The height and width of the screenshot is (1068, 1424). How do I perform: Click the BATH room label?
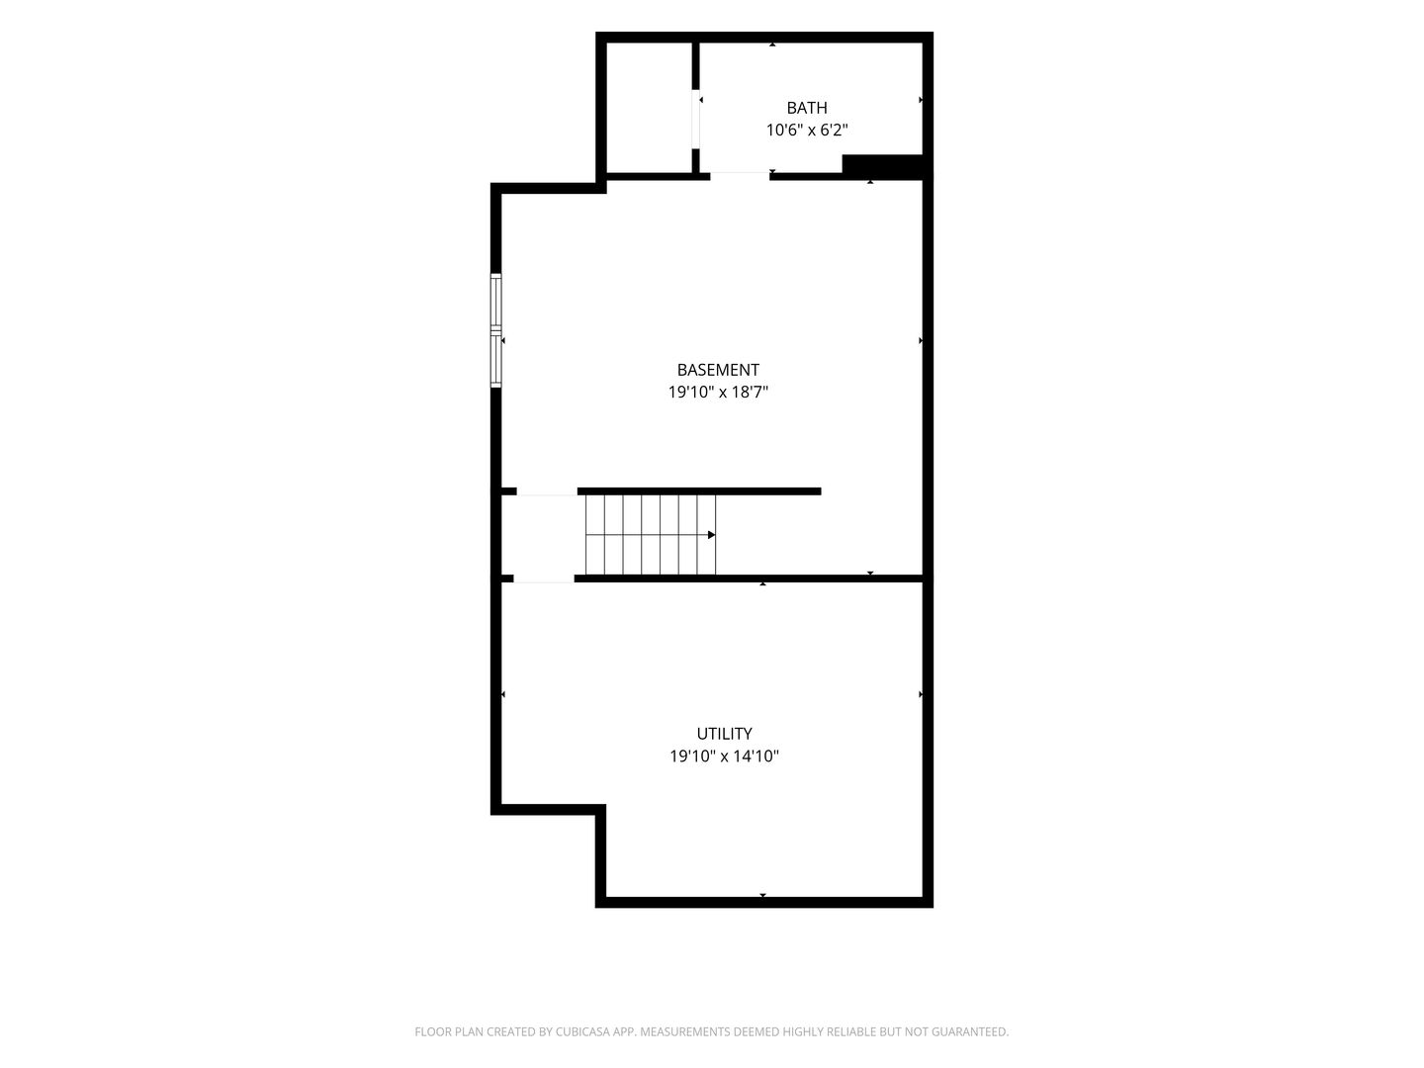806,108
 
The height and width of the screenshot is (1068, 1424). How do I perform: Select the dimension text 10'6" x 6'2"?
806,131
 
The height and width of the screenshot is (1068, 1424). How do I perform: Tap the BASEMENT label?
718,370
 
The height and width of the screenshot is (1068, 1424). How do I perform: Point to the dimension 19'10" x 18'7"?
718,393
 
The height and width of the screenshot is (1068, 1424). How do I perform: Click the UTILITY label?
724,734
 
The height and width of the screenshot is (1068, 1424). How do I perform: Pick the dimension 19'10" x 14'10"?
724,756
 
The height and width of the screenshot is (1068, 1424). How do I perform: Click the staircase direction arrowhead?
711,535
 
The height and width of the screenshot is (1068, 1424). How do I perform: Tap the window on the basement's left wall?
495,330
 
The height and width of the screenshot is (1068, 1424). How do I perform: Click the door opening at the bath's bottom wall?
740,176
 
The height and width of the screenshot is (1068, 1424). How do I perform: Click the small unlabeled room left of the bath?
649,108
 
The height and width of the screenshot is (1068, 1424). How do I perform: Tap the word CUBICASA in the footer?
583,1031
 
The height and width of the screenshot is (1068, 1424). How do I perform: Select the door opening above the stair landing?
547,491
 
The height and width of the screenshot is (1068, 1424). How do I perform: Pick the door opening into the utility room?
544,578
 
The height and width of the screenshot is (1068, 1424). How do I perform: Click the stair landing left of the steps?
544,535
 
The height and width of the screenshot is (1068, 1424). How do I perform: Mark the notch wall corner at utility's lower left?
600,810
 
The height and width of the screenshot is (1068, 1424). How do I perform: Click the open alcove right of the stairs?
819,535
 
